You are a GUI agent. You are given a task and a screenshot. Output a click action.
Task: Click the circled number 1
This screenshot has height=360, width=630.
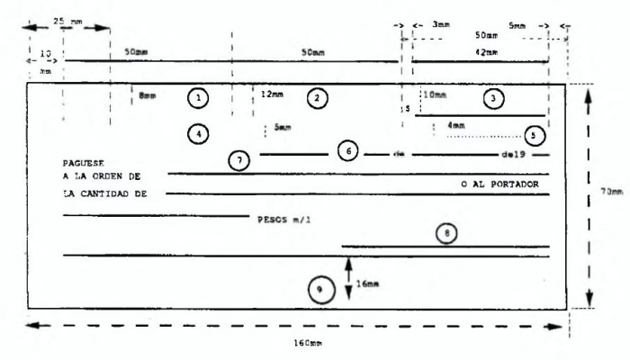point(199,95)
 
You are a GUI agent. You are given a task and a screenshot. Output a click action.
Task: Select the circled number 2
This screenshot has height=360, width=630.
point(315,96)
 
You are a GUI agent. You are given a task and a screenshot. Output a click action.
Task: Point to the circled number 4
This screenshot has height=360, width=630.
point(199,132)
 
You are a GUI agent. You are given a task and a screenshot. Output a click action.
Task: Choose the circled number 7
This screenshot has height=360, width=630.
point(238,159)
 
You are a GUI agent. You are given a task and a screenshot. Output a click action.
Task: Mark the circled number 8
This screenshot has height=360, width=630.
point(449,231)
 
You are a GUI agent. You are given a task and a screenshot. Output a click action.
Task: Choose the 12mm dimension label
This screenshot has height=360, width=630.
point(271,94)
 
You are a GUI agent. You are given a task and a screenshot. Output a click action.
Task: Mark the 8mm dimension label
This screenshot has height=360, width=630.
point(148,94)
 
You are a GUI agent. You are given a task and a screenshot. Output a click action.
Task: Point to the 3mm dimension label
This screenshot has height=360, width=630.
point(440,26)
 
